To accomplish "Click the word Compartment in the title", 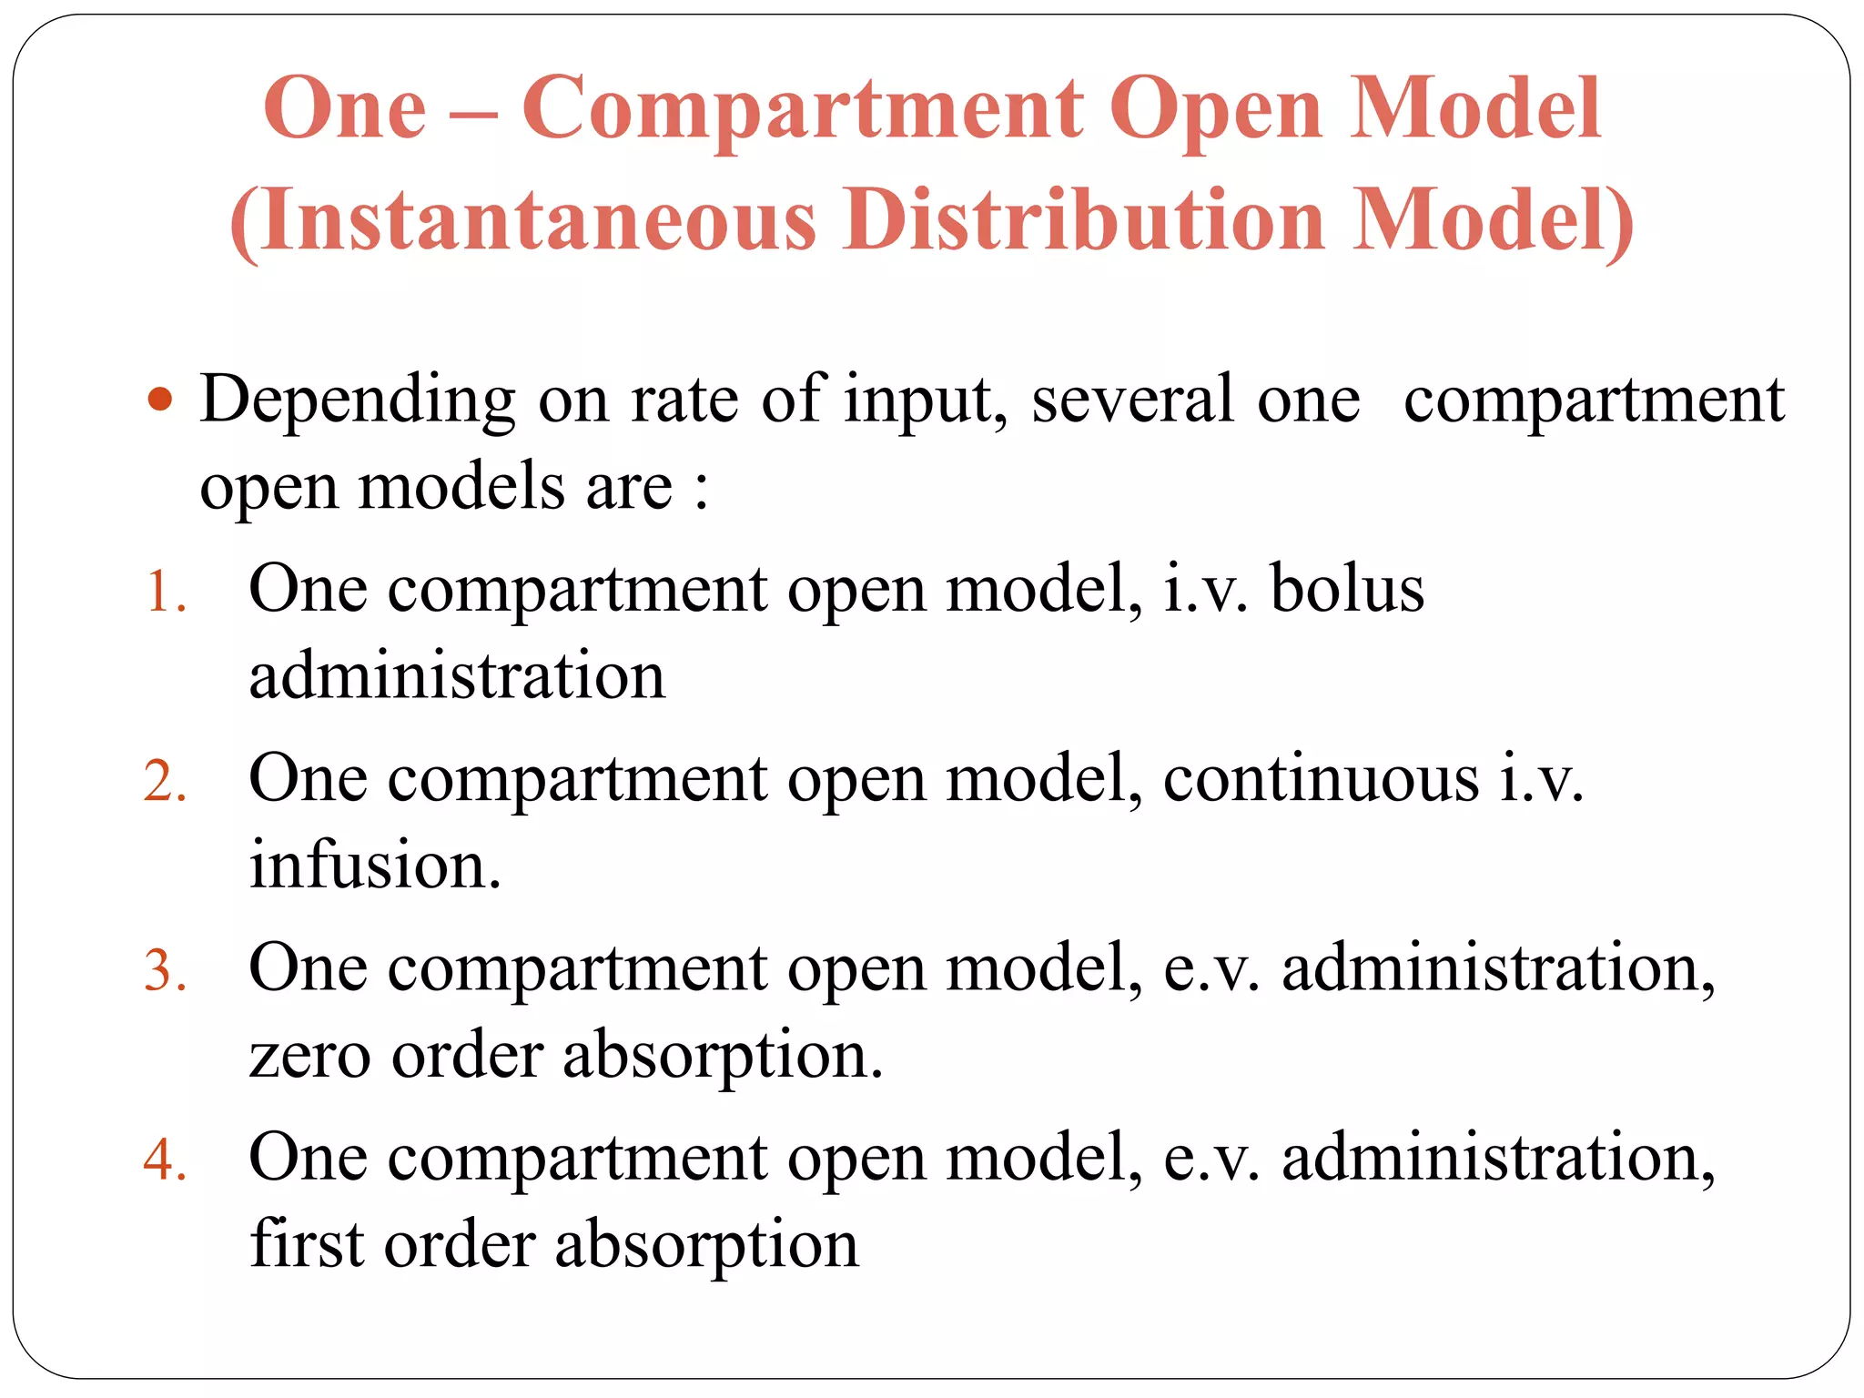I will [x=802, y=109].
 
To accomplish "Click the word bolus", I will [x=1347, y=589].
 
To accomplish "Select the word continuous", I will [x=1321, y=779].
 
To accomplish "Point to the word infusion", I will [x=374, y=865].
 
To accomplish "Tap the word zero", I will [x=309, y=1056].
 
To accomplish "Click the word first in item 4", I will [x=306, y=1243].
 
